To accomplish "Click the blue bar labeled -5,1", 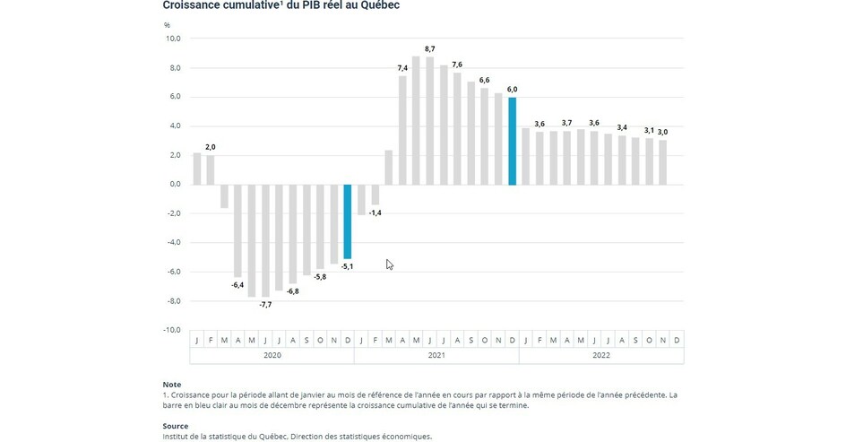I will (348, 221).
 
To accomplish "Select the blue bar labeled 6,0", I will (513, 141).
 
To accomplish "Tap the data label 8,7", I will (429, 48).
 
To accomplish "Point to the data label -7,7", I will (265, 305).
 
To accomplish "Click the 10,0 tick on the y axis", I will (172, 39).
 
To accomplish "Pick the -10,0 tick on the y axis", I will (170, 330).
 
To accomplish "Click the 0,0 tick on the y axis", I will (173, 185).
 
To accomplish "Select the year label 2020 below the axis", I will (272, 356).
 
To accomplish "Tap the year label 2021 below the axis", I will (436, 356).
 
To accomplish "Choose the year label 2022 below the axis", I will (601, 356).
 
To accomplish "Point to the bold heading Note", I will (171, 385).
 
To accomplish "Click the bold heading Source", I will (176, 426).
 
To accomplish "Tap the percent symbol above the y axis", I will (167, 24).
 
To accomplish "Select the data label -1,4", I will (376, 212).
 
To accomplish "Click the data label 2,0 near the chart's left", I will (210, 147).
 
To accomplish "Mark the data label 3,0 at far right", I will (662, 132).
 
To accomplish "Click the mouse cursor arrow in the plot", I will (390, 264).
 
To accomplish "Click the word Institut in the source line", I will (177, 437).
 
